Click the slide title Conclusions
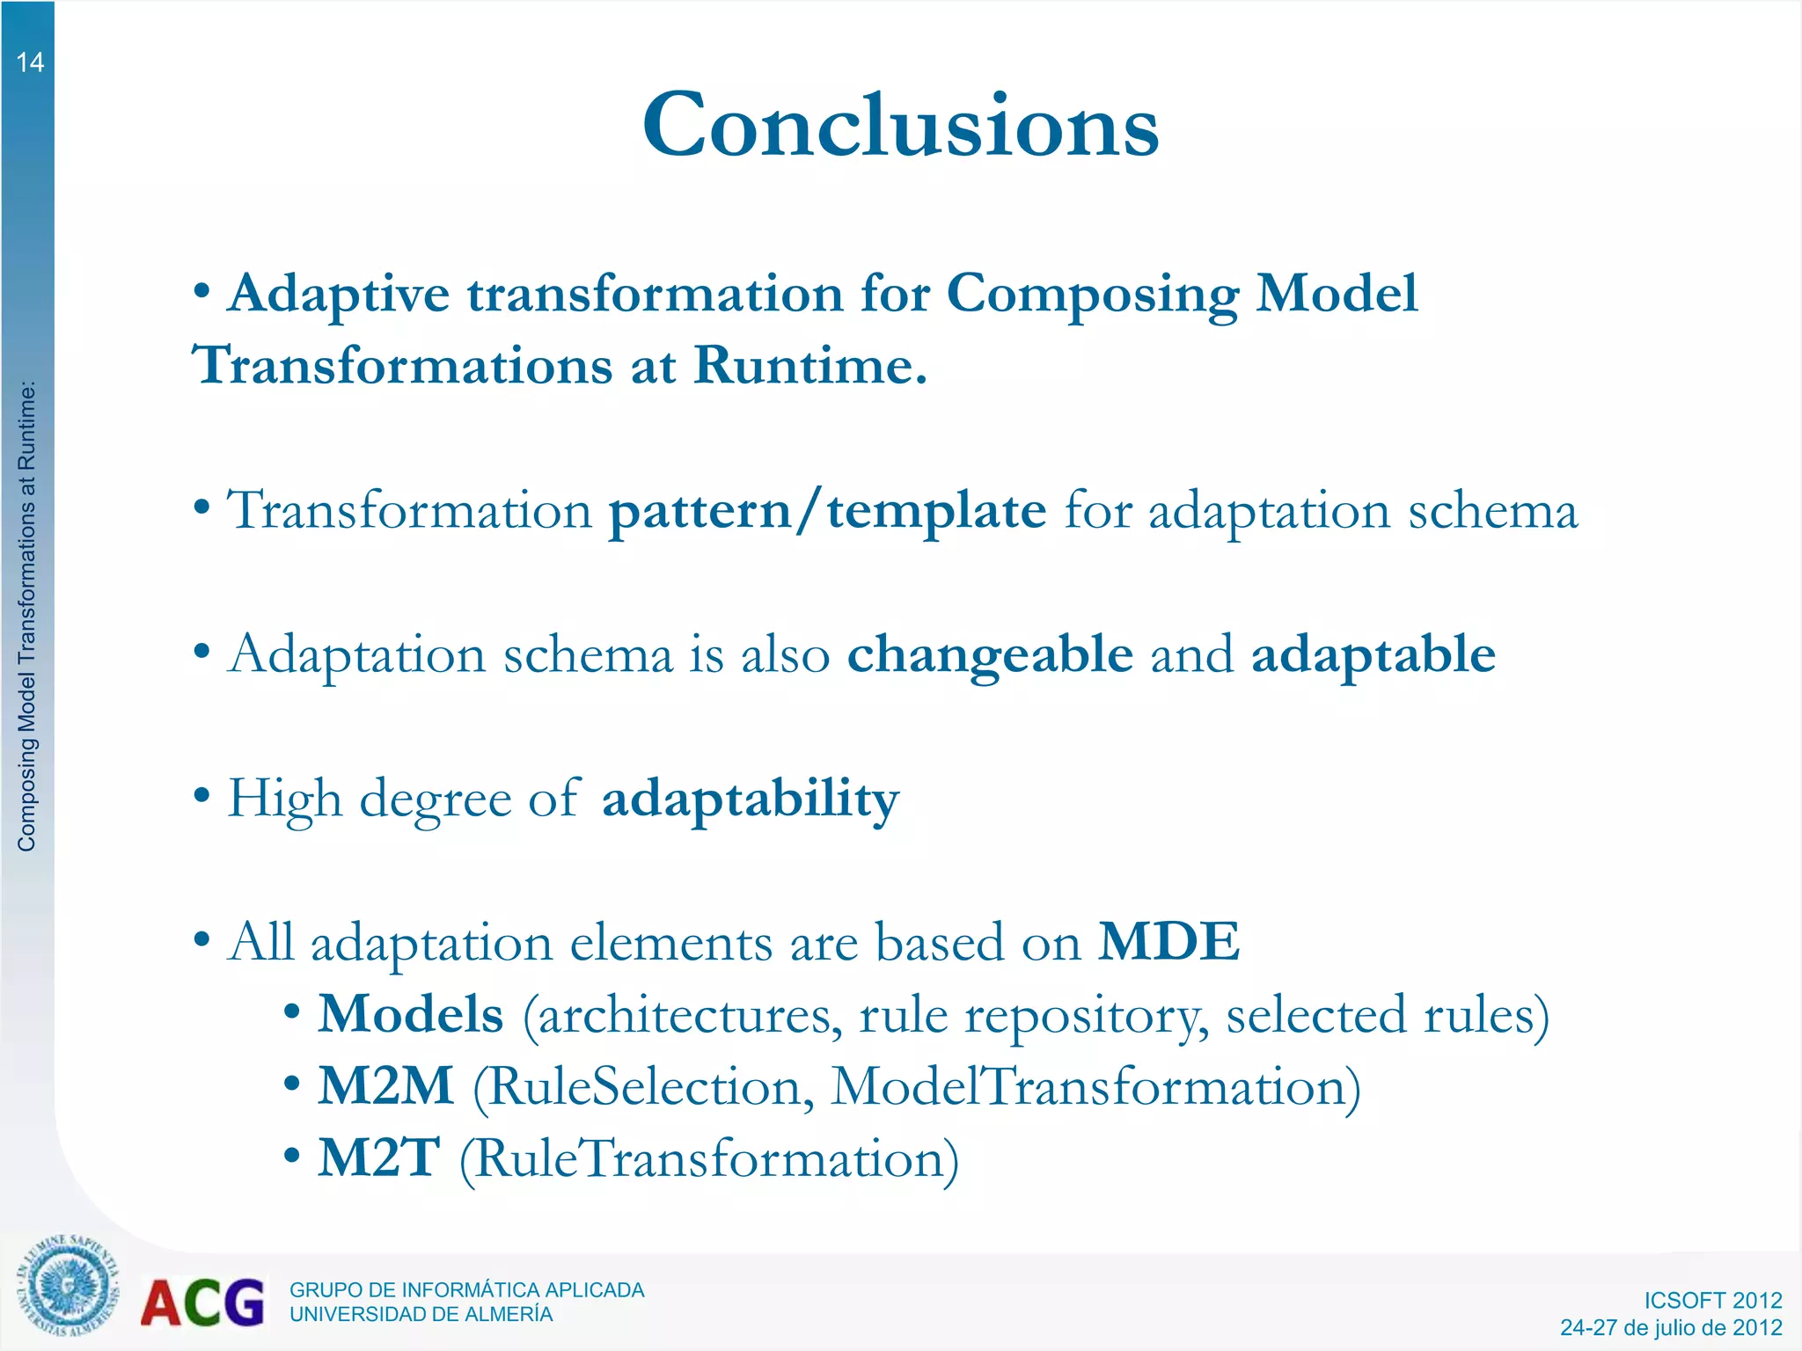pos(900,126)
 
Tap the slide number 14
pos(30,62)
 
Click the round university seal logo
pos(67,1285)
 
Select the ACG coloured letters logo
pos(202,1304)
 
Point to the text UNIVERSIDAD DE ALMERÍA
pos(421,1314)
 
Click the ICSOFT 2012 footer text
pos(1712,1300)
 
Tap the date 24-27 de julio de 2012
pos(1671,1327)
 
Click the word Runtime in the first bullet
pos(809,365)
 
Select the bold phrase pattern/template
pos(828,510)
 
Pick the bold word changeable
pos(990,654)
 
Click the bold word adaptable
pos(1373,654)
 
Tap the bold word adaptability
pos(751,799)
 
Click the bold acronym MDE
pos(1169,941)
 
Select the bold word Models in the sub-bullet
pos(410,1014)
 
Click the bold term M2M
pos(385,1086)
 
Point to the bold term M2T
pos(378,1158)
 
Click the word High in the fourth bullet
pos(284,799)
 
